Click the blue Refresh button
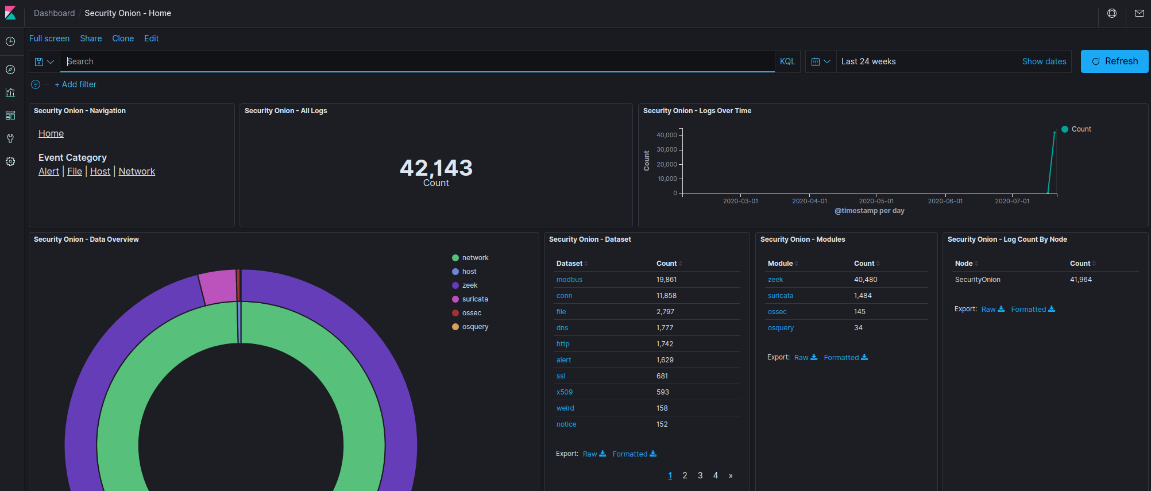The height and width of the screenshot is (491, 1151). pos(1114,61)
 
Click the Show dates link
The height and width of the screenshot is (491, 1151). pos(1044,61)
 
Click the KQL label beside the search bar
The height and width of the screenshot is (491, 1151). pos(787,61)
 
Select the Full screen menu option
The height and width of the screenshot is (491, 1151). pos(49,38)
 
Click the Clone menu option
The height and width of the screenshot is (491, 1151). pos(123,38)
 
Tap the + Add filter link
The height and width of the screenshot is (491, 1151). pos(76,84)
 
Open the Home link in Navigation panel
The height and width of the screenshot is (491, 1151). pos(51,133)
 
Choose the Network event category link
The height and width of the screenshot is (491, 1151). pos(137,171)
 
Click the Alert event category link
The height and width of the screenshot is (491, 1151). pos(49,171)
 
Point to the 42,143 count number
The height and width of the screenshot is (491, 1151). pos(436,168)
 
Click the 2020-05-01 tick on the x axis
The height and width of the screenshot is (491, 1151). pos(876,201)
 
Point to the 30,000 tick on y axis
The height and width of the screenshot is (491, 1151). pos(667,149)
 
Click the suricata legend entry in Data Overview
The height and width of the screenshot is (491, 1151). pos(474,299)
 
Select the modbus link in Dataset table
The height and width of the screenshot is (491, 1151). pos(569,280)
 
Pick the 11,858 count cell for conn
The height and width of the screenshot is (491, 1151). pos(666,296)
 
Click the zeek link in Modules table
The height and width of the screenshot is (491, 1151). pos(775,280)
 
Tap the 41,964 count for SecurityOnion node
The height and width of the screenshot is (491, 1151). pos(1080,280)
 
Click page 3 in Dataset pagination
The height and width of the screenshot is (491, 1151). pos(700,475)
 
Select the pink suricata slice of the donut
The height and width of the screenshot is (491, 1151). pos(218,287)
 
